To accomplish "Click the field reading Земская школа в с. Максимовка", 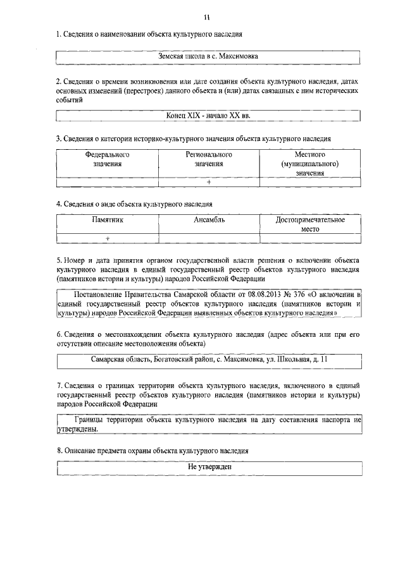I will pos(208,57).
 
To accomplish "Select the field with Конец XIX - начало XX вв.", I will pos(208,116).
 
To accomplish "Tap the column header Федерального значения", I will pos(108,159).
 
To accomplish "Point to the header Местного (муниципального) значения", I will pos(310,163).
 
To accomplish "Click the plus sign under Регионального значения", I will pos(209,183).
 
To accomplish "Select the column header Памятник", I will pos(108,220).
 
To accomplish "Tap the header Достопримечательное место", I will pos(310,224).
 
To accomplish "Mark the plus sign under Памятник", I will pos(108,238).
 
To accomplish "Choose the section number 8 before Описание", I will pos(58,451).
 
